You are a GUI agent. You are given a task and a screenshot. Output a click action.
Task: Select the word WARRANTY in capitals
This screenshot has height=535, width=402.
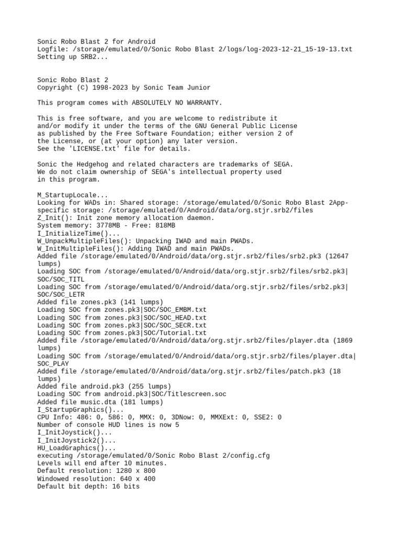[204, 102]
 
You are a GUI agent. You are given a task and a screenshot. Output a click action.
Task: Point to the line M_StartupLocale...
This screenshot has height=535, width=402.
[73, 194]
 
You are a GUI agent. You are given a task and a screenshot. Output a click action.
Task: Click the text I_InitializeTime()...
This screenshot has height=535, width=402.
[79, 233]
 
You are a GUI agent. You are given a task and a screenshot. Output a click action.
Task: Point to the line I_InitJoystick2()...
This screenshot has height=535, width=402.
[76, 440]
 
